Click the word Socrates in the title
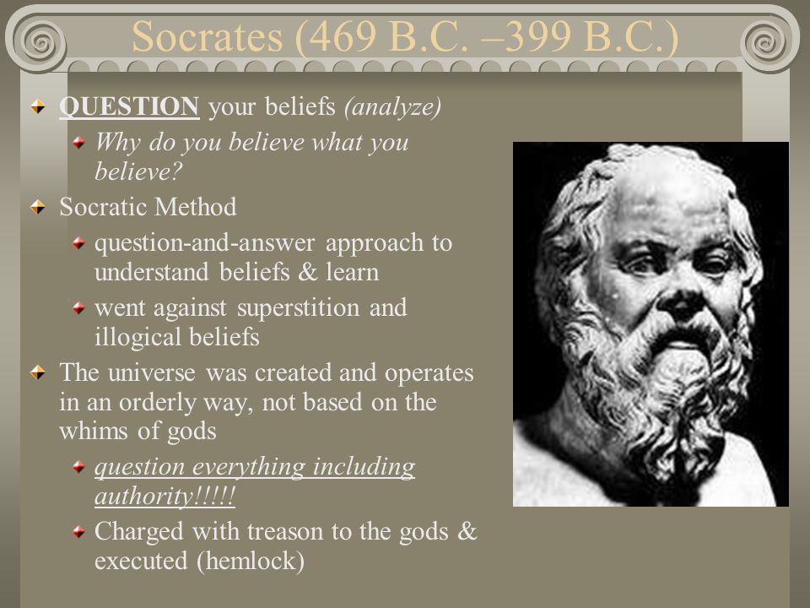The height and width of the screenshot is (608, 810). (208, 36)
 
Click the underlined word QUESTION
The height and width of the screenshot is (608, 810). (129, 106)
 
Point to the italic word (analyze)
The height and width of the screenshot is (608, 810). (392, 107)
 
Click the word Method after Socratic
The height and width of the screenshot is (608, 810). (195, 207)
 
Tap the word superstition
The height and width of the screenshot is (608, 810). (298, 308)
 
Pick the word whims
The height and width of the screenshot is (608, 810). (94, 431)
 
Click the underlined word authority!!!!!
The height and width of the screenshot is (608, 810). (165, 497)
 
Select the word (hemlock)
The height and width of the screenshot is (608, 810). (251, 562)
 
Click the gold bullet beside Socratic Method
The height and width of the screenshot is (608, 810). (38, 208)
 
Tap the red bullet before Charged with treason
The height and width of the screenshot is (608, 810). (78, 531)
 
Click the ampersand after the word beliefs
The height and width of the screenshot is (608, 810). (308, 272)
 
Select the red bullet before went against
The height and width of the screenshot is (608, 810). (78, 308)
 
